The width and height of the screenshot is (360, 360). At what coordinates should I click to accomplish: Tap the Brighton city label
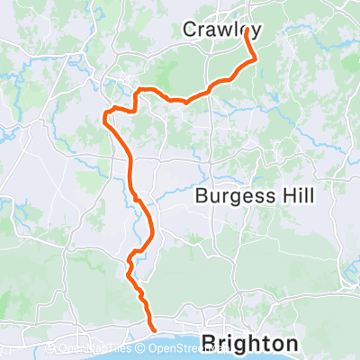point(250,343)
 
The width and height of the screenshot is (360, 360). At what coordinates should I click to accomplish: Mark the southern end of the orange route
point(151,330)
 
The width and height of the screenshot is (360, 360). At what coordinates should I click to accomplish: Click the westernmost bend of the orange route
point(105,114)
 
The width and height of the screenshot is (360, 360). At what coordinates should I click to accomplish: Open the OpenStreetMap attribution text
point(163,346)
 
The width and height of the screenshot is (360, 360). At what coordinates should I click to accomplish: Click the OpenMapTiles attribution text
point(95,346)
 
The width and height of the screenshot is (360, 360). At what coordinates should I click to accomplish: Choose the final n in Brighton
point(292,345)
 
